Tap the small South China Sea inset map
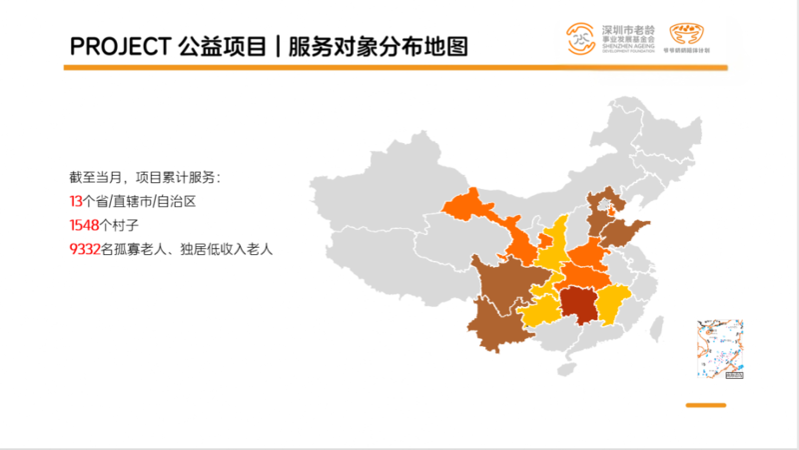(719, 350)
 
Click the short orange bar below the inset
(704, 405)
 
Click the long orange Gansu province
(489, 220)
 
